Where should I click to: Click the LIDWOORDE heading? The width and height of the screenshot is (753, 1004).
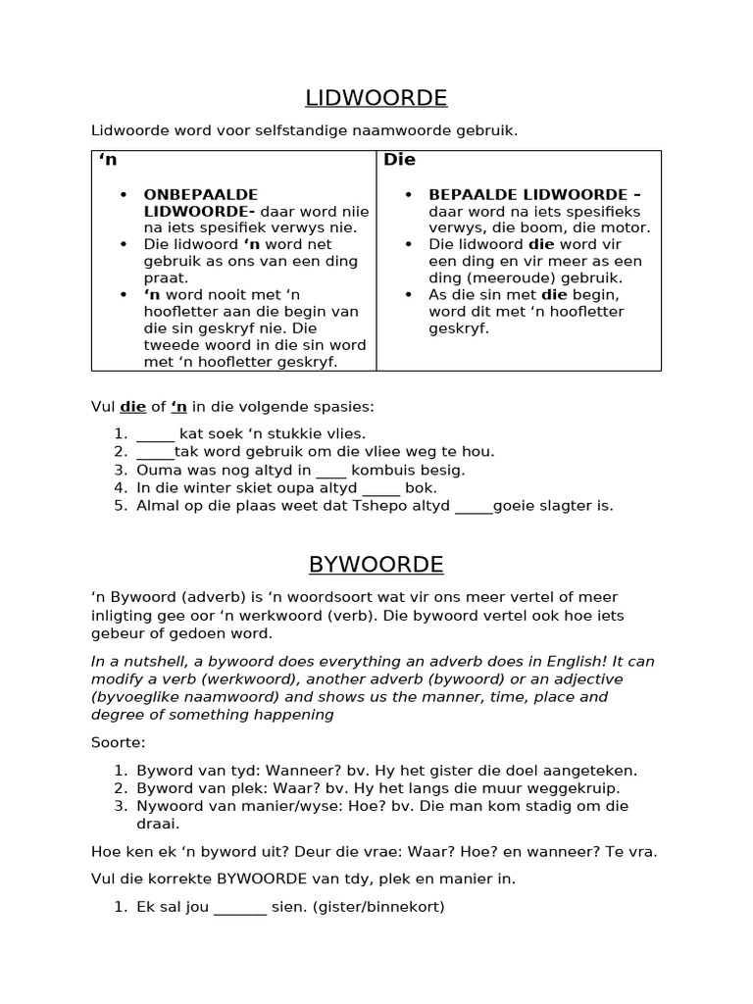tap(376, 98)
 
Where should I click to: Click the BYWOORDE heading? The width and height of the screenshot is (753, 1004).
tap(376, 565)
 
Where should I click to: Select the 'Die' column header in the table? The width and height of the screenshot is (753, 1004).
tap(399, 160)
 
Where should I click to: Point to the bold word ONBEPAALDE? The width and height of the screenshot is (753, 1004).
tap(201, 194)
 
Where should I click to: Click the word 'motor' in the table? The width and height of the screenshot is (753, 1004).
tap(627, 227)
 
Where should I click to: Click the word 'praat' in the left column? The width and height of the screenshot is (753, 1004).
tap(165, 277)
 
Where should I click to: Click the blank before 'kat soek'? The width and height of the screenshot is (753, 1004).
tap(155, 434)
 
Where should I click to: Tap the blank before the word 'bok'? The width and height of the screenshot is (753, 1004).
tap(381, 488)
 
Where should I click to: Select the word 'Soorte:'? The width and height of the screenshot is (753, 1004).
tap(117, 743)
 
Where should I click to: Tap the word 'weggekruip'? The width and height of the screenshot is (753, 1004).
tap(578, 787)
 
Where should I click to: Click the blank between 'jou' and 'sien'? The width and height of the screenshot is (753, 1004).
tap(239, 907)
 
